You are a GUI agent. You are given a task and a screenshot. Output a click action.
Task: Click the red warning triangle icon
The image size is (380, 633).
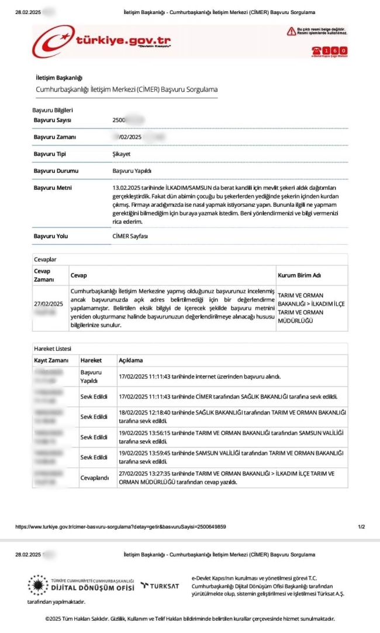[291, 30]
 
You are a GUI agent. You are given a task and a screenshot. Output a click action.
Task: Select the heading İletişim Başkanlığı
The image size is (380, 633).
[59, 78]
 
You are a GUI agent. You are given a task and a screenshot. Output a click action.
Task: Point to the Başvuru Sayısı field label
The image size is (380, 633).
[52, 120]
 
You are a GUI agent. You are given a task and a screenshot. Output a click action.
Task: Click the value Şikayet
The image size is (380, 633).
[121, 154]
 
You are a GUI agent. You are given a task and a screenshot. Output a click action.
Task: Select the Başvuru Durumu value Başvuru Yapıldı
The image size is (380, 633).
[132, 171]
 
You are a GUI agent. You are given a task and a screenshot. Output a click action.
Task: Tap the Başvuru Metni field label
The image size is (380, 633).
[52, 188]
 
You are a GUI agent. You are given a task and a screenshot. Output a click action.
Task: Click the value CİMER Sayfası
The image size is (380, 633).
[130, 236]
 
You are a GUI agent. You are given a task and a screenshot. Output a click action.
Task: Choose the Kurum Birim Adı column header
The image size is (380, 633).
[299, 275]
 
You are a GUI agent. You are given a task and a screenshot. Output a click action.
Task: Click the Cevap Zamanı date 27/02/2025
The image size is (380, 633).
[49, 303]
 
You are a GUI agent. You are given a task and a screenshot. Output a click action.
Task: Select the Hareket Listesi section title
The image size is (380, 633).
[53, 349]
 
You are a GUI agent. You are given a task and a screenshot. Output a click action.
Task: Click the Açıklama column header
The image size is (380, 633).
[130, 360]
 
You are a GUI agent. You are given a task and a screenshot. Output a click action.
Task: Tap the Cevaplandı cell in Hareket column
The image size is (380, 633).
[95, 478]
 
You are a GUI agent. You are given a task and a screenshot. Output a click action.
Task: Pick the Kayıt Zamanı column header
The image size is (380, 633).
[51, 360]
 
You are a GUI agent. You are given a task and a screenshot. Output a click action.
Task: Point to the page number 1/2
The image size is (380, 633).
[361, 527]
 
